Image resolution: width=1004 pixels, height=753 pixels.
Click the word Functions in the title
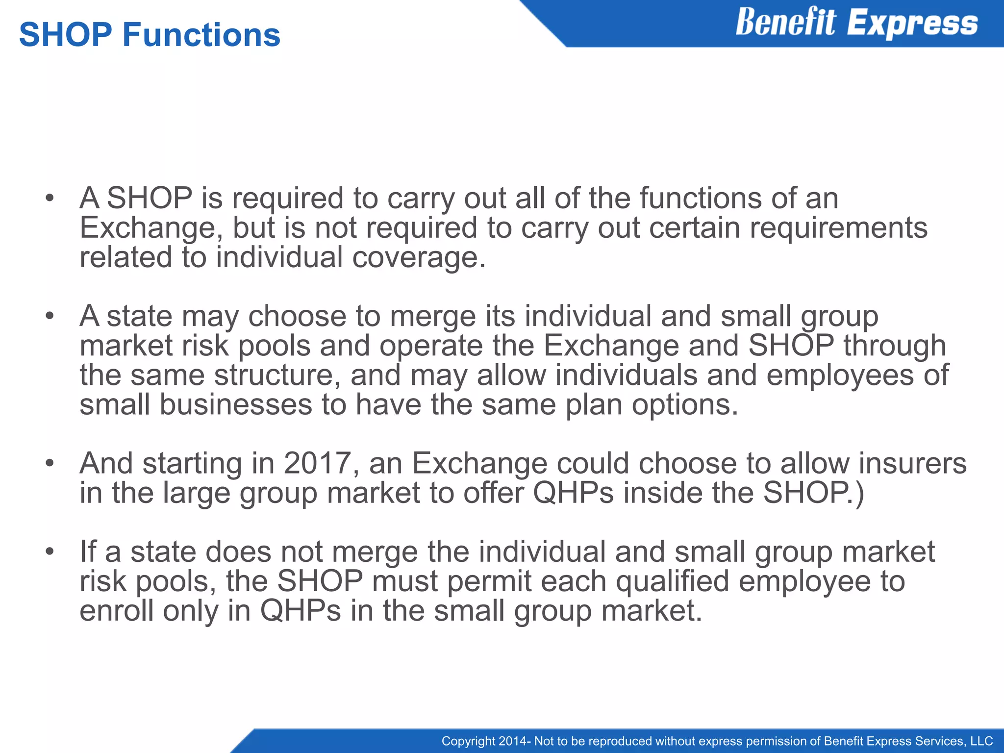click(x=201, y=35)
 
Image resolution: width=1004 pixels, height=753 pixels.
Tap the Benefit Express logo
click(x=856, y=23)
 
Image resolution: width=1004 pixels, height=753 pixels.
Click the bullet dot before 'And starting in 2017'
click(x=49, y=463)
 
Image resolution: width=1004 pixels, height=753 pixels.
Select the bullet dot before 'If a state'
click(x=49, y=552)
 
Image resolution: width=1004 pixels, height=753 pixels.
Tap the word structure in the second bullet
click(x=277, y=375)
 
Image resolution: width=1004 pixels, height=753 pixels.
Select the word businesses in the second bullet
click(x=236, y=405)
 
